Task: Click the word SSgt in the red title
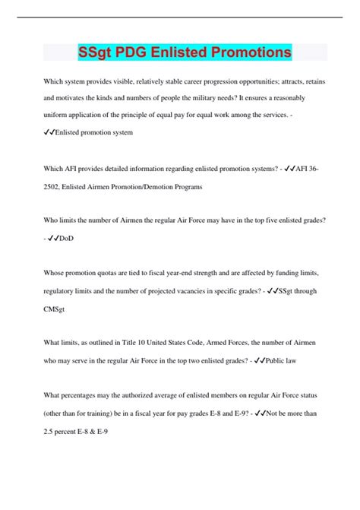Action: tap(96, 52)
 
